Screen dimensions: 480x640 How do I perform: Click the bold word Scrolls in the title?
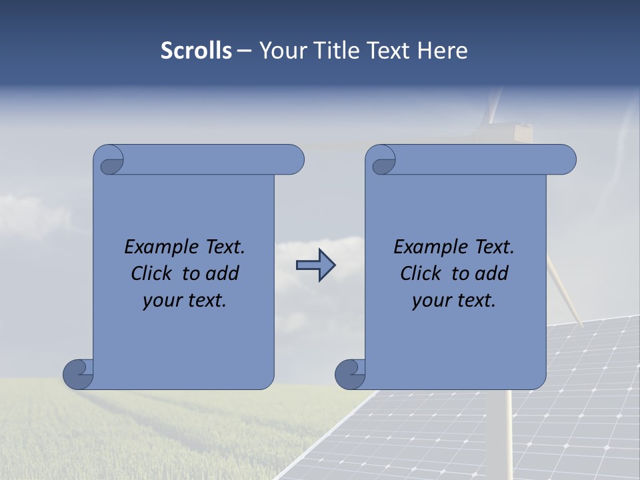197,51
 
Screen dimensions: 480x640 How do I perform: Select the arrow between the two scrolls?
315,265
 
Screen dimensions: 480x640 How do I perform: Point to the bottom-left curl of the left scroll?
79,373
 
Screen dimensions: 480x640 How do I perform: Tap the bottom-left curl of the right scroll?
351,373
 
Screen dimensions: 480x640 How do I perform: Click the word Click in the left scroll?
153,273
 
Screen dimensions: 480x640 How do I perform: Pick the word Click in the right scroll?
423,273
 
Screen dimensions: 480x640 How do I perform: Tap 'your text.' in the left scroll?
185,300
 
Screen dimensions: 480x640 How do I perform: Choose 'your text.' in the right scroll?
454,300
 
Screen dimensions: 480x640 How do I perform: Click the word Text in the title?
389,51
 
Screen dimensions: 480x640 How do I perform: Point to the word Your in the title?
282,51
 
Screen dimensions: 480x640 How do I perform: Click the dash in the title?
244,51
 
